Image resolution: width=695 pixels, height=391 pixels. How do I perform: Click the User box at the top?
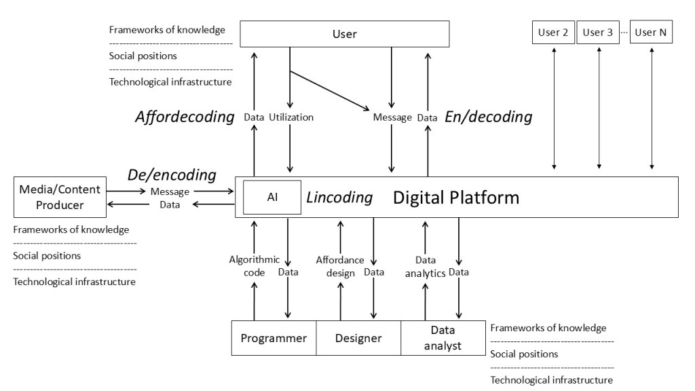click(x=345, y=33)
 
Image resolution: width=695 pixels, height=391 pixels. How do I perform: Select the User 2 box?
click(x=554, y=32)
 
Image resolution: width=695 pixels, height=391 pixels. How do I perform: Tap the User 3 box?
click(x=598, y=32)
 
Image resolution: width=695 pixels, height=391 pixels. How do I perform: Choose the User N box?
click(x=651, y=32)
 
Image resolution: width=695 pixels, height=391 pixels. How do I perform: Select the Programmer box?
click(x=274, y=338)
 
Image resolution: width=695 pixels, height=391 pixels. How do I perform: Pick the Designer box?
click(x=358, y=338)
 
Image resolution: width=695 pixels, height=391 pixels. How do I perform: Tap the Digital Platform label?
click(x=456, y=198)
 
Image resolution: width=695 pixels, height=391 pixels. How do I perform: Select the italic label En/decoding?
click(x=488, y=117)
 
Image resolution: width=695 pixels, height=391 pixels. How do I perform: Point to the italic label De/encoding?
click(x=172, y=175)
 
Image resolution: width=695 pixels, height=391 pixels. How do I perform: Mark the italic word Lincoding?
click(x=339, y=198)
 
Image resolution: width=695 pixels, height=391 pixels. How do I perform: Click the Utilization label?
click(x=291, y=117)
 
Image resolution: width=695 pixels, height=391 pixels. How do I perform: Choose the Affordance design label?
click(x=340, y=266)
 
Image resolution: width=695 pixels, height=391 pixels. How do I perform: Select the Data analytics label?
click(x=426, y=267)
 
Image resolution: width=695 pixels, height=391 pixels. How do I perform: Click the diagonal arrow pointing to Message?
click(x=329, y=91)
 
